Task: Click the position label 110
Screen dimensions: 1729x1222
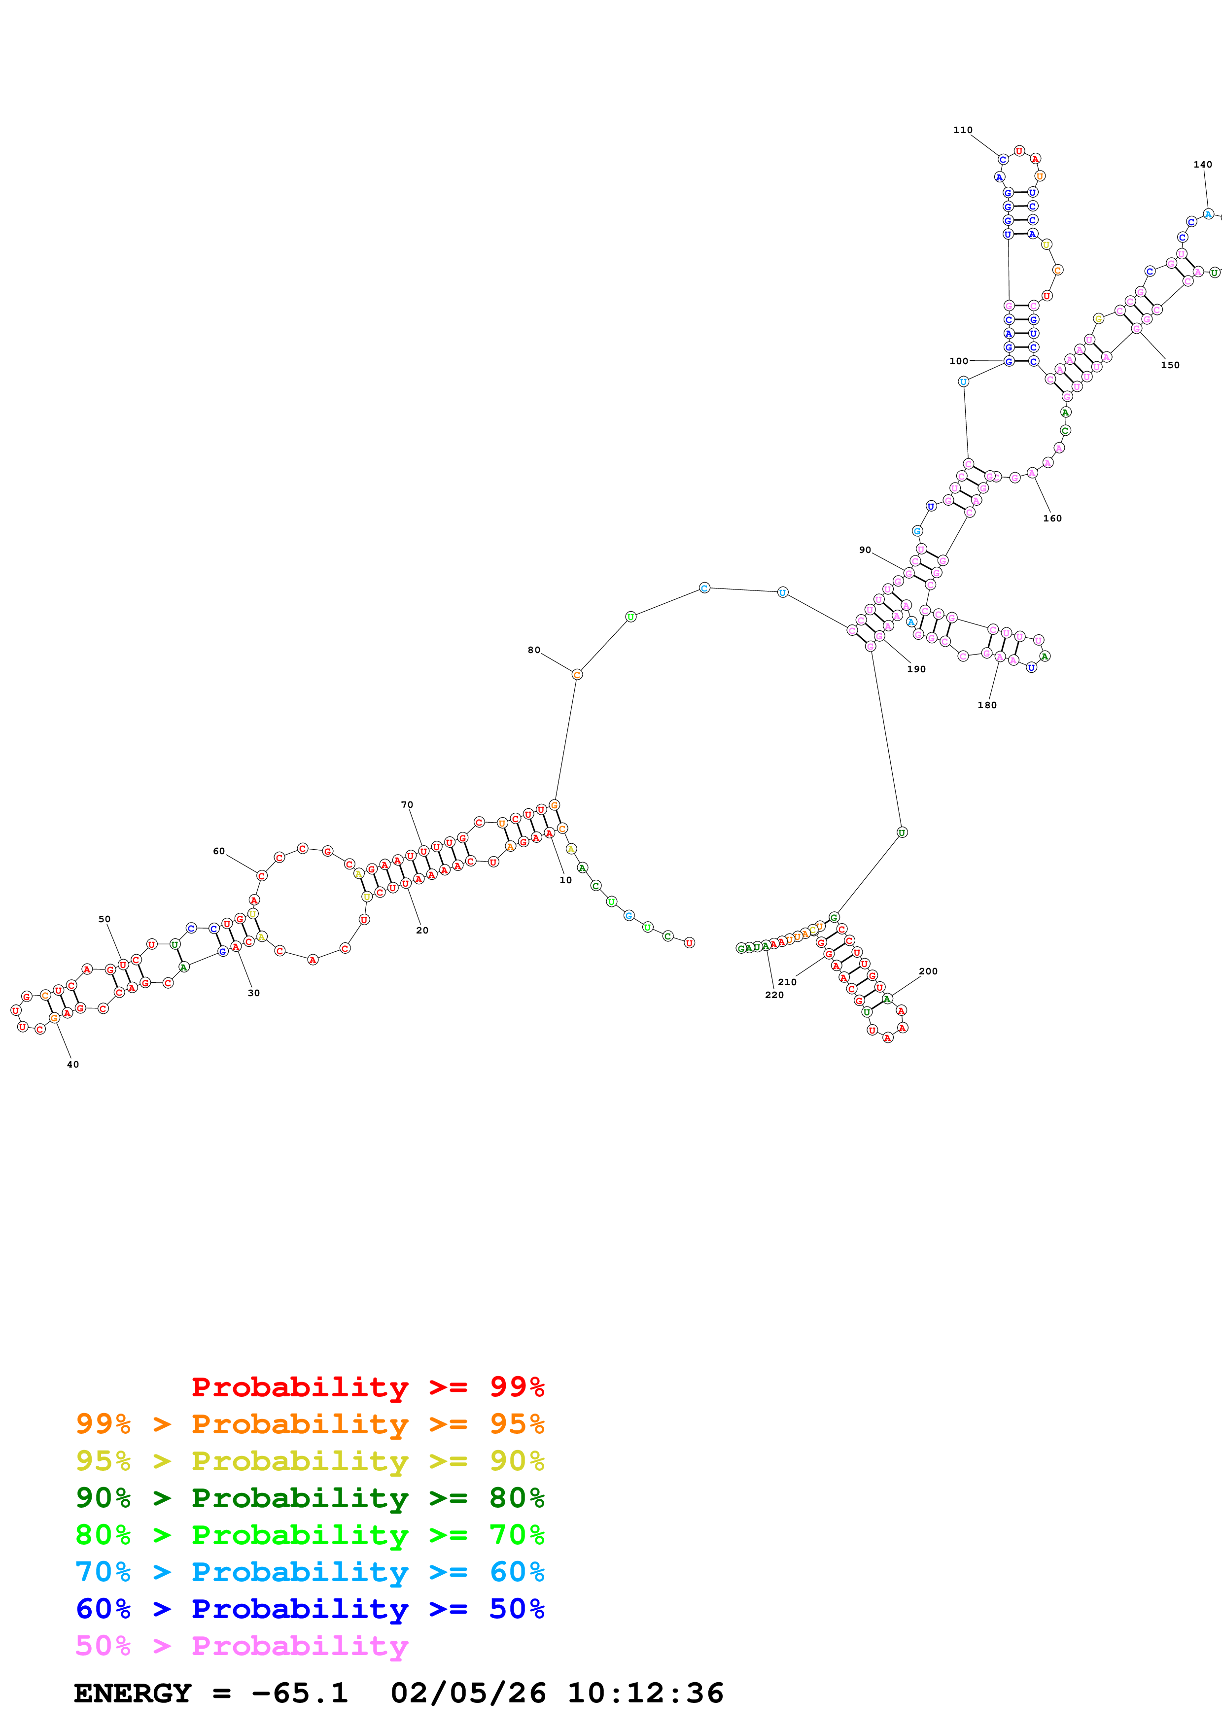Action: (962, 130)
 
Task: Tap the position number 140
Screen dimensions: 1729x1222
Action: (1202, 164)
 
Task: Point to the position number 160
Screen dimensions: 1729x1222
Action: (1052, 518)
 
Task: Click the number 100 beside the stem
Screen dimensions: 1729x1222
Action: (958, 361)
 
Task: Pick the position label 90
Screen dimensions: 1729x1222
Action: (865, 550)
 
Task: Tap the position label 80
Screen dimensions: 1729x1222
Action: (534, 650)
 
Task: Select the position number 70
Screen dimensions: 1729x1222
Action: (407, 804)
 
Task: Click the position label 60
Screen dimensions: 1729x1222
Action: (219, 851)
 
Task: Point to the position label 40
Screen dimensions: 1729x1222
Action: (73, 1064)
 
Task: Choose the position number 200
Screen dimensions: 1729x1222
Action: (928, 970)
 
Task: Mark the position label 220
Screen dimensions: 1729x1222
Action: (774, 995)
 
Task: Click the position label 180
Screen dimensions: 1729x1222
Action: (986, 705)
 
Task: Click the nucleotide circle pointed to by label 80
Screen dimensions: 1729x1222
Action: (577, 675)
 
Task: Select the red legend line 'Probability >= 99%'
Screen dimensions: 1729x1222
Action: (367, 1386)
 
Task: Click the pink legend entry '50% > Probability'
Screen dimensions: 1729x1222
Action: (242, 1645)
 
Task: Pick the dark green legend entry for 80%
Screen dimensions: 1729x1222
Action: (310, 1498)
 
